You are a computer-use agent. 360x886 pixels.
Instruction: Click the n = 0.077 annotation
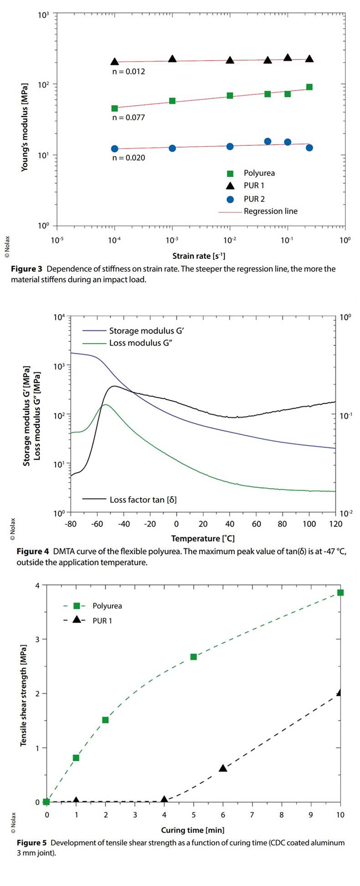click(129, 118)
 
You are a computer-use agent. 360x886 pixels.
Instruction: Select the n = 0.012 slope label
click(129, 72)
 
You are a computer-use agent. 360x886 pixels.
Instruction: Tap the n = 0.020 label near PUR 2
click(129, 158)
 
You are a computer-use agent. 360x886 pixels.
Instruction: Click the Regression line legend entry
click(270, 211)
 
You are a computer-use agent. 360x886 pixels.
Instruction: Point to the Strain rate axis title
click(199, 256)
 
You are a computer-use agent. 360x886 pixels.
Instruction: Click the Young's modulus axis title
click(25, 127)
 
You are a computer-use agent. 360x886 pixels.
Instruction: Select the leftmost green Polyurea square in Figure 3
click(114, 108)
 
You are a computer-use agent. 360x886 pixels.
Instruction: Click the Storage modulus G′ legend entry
click(146, 331)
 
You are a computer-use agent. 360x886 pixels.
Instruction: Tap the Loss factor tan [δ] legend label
click(143, 500)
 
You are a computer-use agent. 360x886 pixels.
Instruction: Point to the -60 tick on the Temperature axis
click(96, 524)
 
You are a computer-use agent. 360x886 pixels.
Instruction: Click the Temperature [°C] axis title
click(203, 538)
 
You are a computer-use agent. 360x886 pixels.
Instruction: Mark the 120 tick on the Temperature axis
click(335, 524)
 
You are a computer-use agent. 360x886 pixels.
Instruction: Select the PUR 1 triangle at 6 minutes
click(223, 768)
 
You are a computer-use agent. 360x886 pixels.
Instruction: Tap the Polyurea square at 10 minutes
click(340, 592)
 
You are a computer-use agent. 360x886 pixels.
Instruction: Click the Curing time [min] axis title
click(193, 830)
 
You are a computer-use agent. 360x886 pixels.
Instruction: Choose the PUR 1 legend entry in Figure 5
click(102, 621)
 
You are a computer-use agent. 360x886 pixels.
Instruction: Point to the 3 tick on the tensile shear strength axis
click(38, 639)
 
